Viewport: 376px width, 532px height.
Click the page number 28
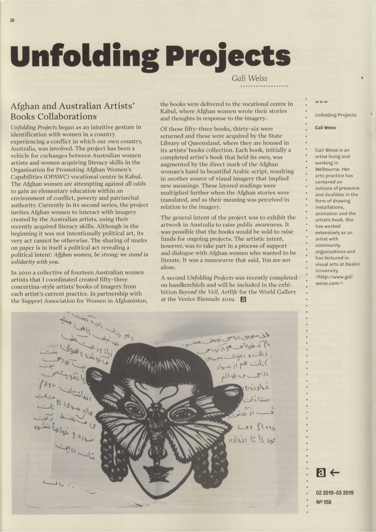click(11, 21)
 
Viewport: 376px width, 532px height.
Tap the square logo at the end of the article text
click(243, 300)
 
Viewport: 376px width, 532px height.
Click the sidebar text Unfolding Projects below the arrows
click(335, 115)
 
